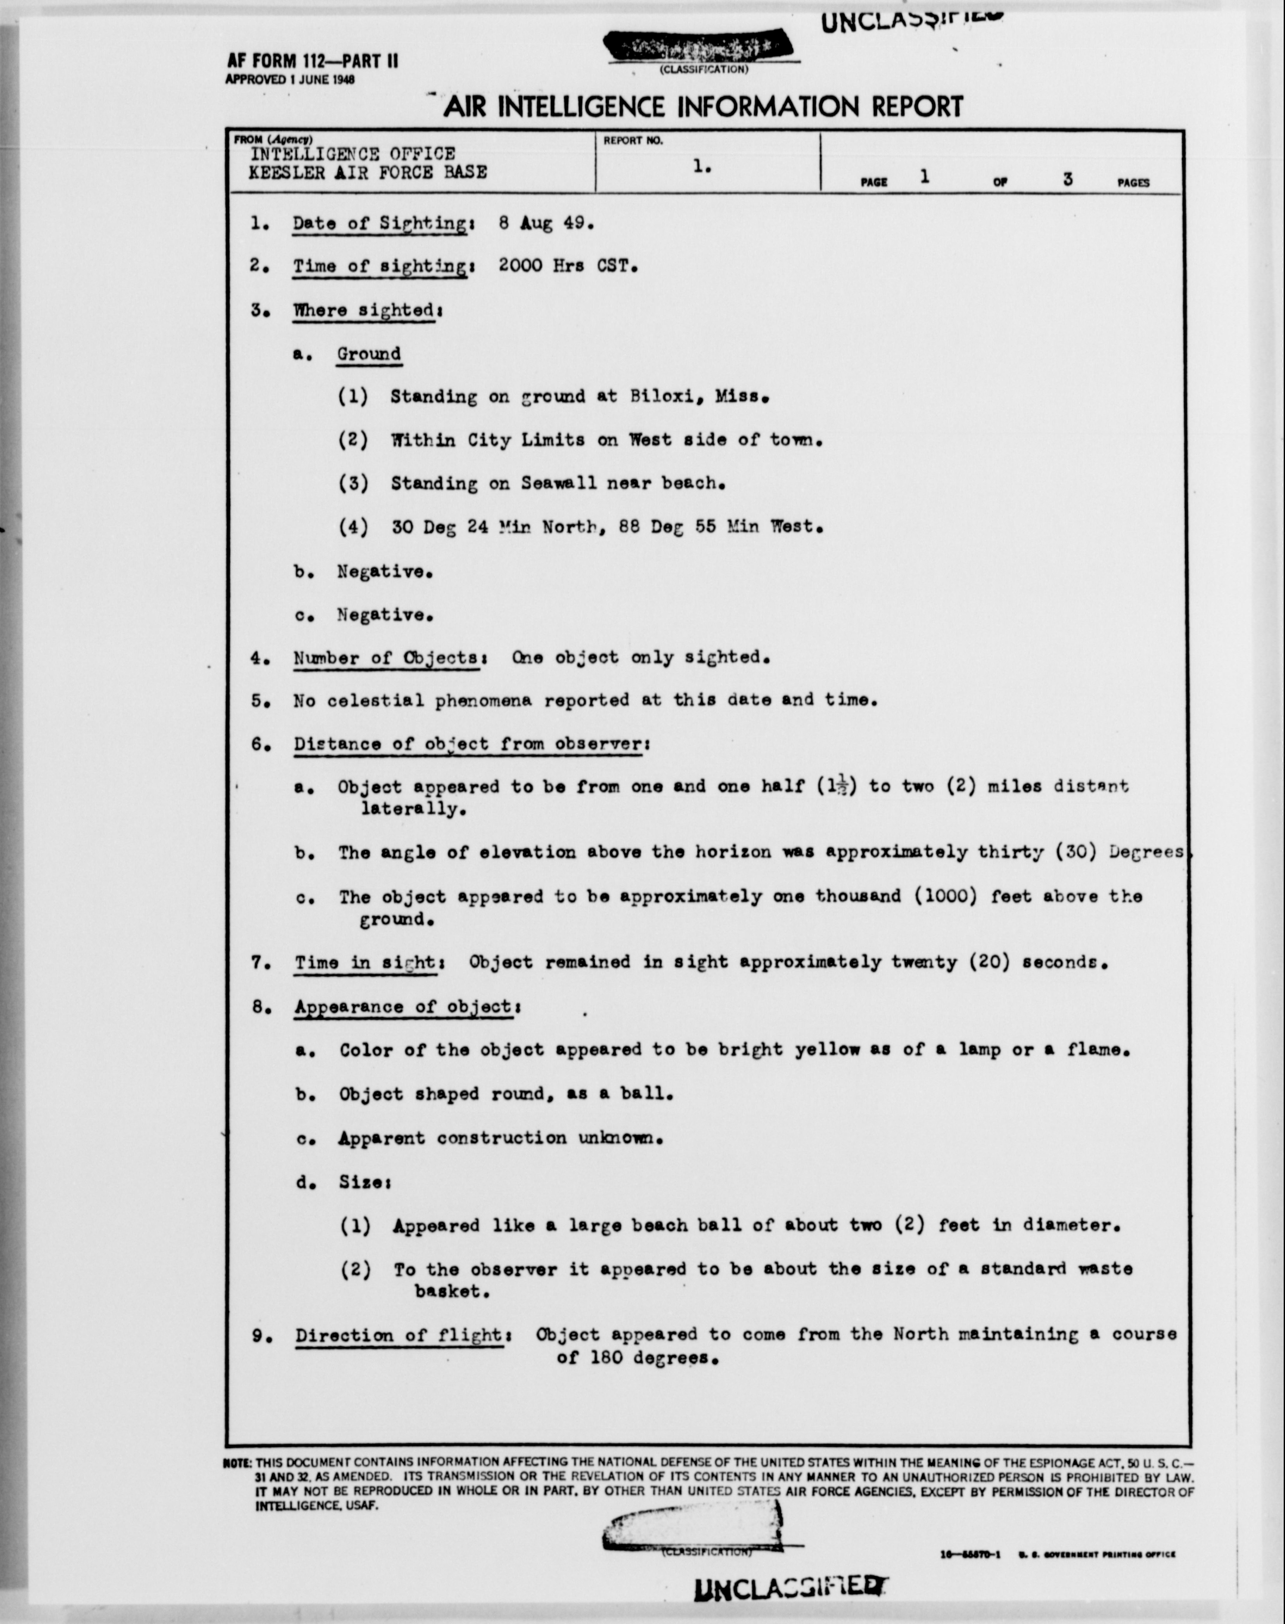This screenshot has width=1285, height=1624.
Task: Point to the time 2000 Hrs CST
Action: pyautogui.click(x=568, y=266)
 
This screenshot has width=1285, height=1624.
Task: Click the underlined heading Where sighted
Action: pyautogui.click(x=364, y=310)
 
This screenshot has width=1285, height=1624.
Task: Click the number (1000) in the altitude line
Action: pyautogui.click(x=939, y=896)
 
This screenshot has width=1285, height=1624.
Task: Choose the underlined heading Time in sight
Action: pyautogui.click(x=365, y=962)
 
